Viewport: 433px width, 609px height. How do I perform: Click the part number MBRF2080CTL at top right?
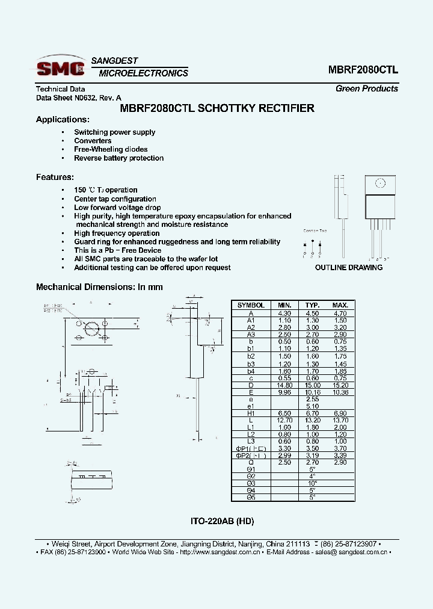363,69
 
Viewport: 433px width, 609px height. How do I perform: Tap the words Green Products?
366,88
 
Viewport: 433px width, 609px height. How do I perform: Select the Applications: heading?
63,120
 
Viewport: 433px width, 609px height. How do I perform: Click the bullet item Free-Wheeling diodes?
111,149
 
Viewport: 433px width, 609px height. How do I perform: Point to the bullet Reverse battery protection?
118,158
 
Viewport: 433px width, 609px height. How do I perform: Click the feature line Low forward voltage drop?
117,208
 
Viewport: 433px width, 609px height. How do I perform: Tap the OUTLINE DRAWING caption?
349,267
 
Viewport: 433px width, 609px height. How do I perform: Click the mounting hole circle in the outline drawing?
379,184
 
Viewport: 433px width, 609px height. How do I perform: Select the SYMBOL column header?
251,305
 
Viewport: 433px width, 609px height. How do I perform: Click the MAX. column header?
340,305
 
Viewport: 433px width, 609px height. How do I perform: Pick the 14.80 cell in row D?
284,385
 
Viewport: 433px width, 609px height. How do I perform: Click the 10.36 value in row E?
340,392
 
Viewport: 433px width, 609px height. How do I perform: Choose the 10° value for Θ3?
312,483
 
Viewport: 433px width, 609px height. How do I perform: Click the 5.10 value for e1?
312,407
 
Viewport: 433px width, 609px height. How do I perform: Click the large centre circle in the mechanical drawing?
92,329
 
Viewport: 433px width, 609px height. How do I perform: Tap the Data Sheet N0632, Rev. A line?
79,97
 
